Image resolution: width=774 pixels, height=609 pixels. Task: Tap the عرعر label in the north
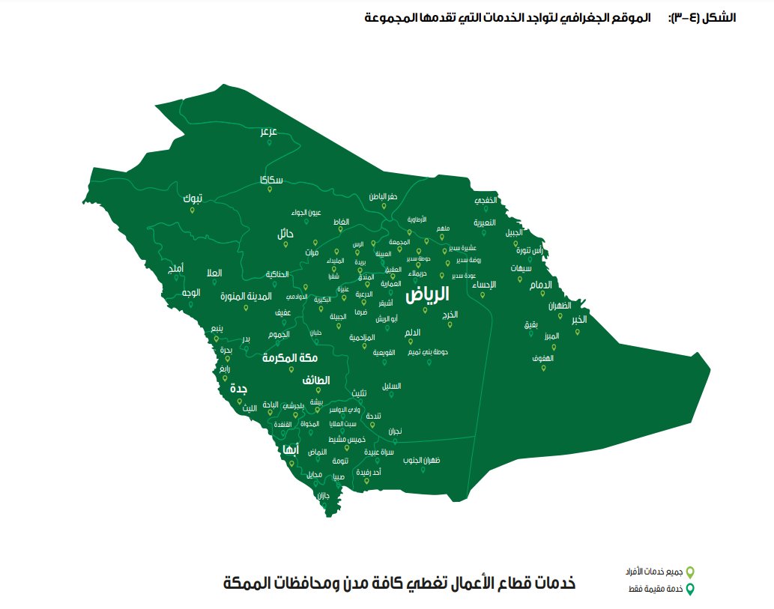coord(269,131)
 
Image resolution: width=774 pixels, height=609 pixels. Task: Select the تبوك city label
coord(193,199)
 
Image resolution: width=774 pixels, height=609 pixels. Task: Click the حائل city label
coord(285,234)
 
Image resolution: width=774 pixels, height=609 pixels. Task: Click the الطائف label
coord(316,381)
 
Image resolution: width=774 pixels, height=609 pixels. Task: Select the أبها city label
coord(288,449)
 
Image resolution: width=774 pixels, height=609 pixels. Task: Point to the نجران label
coord(395,431)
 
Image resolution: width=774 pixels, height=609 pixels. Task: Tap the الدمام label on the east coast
coord(540,285)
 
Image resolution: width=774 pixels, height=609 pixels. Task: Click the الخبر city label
coord(578,320)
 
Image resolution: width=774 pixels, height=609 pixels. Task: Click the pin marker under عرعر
coord(269,142)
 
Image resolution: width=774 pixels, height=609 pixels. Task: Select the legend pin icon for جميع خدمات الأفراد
coord(691,572)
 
